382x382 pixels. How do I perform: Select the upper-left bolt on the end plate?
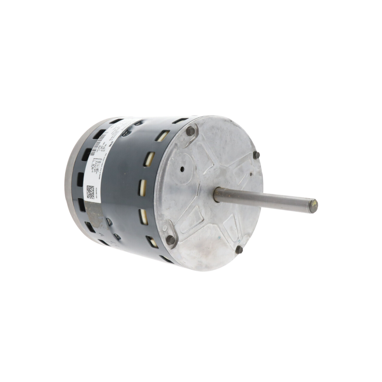tap(190, 130)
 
